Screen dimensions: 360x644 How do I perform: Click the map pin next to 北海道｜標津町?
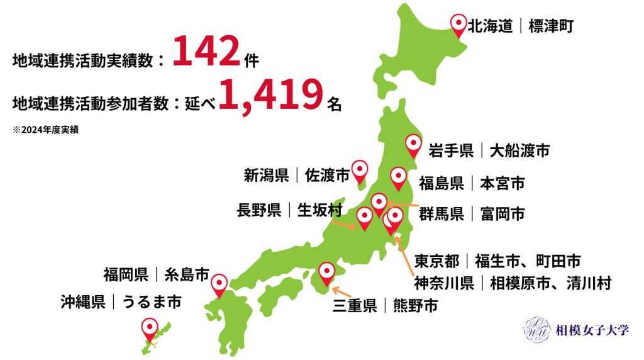coord(460,25)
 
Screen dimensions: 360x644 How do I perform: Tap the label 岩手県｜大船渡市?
coord(489,151)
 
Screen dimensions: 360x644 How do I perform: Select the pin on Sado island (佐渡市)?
coord(359,170)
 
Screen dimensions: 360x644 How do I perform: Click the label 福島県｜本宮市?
coord(472,184)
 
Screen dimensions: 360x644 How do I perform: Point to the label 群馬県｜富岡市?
coord(472,214)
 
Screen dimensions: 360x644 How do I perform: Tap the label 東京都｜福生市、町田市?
coord(497,261)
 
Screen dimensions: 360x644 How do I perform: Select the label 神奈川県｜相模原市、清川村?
coord(512,283)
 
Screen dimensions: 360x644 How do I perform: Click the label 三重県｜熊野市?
coord(385,306)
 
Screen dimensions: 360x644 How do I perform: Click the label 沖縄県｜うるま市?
coord(121,302)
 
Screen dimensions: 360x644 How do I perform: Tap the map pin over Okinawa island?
coord(149,328)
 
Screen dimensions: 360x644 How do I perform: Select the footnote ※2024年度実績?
coord(45,130)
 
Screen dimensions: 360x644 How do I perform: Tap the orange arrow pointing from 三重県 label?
coord(343,292)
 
